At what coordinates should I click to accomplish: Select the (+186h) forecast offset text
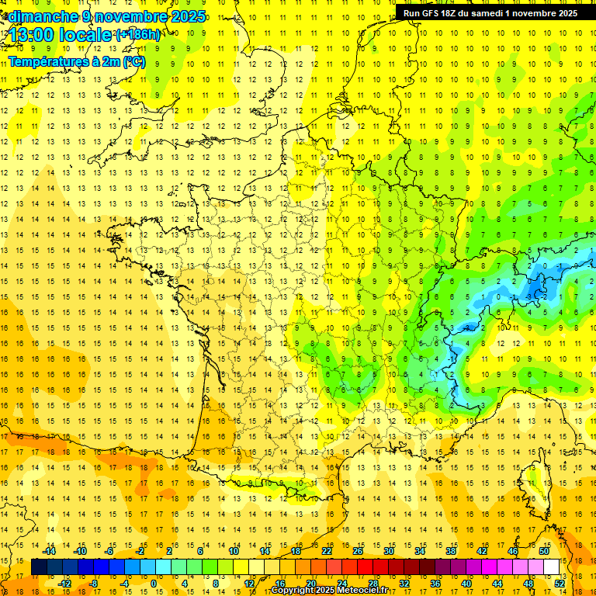(x=138, y=35)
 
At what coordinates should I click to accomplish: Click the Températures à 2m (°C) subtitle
(x=76, y=61)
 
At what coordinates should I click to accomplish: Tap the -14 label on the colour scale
(x=50, y=551)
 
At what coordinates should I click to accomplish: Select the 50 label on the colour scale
(x=543, y=551)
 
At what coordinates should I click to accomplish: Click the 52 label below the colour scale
(x=559, y=584)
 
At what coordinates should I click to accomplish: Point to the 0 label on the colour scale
(x=153, y=584)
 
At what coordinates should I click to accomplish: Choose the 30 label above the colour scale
(x=389, y=551)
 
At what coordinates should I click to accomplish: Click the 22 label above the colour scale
(x=327, y=551)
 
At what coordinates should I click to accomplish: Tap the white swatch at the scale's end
(x=551, y=567)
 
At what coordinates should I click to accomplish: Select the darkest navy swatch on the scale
(x=39, y=567)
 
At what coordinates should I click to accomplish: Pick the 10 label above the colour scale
(x=234, y=551)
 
